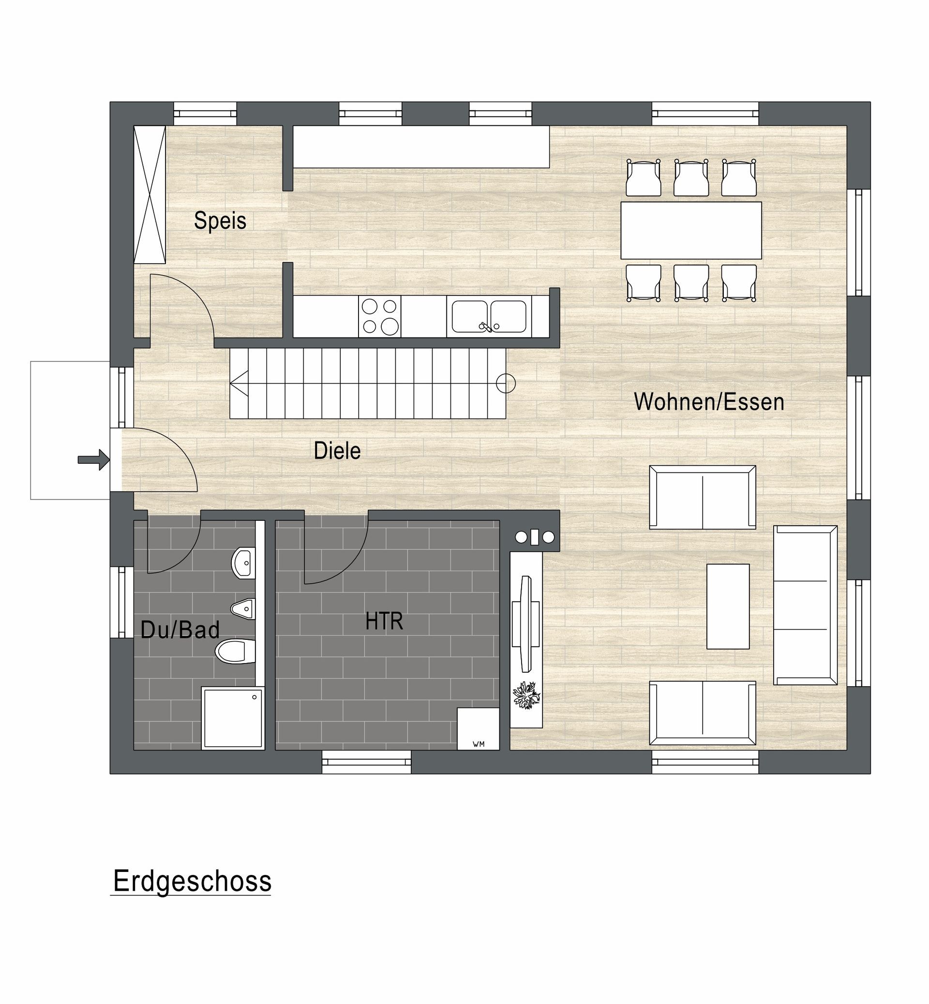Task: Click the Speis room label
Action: [x=220, y=221]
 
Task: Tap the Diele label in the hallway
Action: [x=337, y=451]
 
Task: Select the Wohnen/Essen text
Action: [x=709, y=401]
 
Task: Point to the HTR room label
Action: [x=384, y=621]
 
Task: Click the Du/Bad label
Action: [x=180, y=630]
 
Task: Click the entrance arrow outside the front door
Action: [x=94, y=459]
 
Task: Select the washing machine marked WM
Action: [x=478, y=729]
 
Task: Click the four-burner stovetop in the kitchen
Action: [x=379, y=316]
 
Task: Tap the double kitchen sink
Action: [x=489, y=317]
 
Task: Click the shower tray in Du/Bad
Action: [x=233, y=719]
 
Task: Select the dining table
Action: [x=691, y=230]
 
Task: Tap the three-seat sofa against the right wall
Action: [x=805, y=605]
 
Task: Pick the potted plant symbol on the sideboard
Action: [x=526, y=695]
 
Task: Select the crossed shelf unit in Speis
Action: [x=150, y=194]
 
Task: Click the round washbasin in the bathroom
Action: [x=243, y=563]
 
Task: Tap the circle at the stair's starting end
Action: [x=506, y=384]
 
